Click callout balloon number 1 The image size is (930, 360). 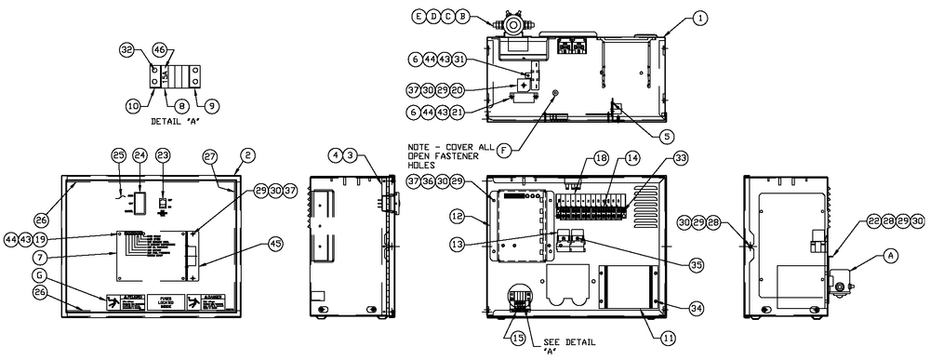[x=699, y=18]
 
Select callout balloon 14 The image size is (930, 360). [x=632, y=158]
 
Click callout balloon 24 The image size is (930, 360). [x=139, y=154]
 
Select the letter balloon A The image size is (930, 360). [x=891, y=252]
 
